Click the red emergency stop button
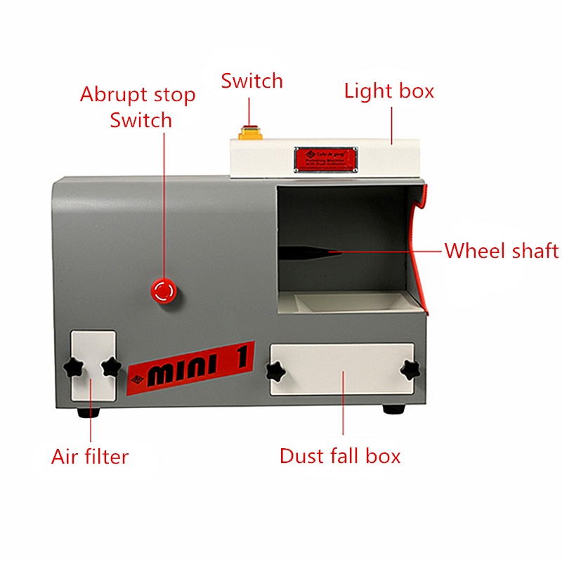[164, 289]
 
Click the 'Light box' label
[388, 91]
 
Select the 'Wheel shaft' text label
[501, 251]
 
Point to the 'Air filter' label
[90, 457]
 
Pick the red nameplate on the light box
[325, 159]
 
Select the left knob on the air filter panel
[73, 366]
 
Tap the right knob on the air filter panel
[111, 366]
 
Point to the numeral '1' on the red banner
[238, 359]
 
